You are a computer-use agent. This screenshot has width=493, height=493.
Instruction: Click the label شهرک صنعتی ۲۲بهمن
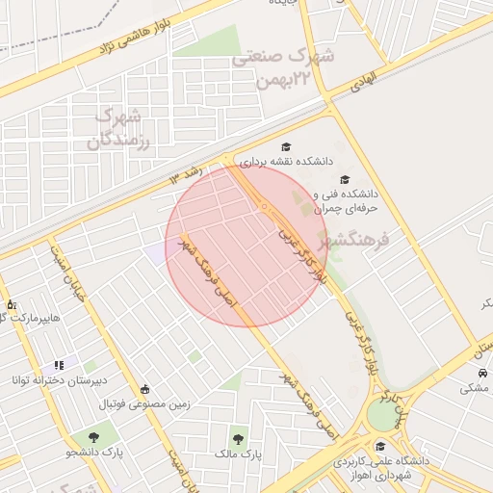(283, 67)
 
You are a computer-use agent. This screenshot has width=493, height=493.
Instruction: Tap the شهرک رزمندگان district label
(119, 128)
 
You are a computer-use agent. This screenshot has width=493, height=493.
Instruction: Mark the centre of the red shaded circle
(246, 246)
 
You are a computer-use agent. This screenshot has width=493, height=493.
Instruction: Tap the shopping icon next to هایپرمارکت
(11, 304)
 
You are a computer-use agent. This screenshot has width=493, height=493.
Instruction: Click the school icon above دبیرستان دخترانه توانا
(60, 365)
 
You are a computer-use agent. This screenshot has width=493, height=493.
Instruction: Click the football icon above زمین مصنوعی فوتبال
(144, 389)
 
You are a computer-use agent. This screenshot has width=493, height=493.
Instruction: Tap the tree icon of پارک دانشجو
(91, 437)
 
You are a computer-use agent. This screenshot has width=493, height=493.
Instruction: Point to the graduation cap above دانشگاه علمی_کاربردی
(381, 446)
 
